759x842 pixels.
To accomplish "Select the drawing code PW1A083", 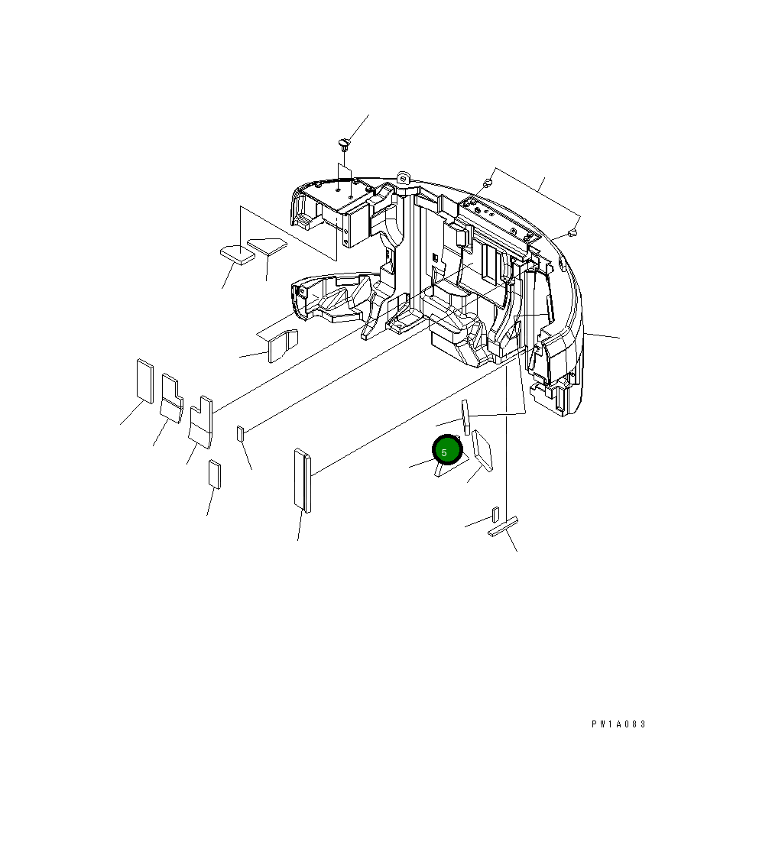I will (618, 724).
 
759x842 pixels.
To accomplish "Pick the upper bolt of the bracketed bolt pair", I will (487, 183).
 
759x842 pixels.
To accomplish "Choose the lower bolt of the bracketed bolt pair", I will (572, 232).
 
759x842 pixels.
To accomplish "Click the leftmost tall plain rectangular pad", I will (144, 380).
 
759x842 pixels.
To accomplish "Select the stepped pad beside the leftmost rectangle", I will (171, 397).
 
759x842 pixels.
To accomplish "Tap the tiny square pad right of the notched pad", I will (241, 434).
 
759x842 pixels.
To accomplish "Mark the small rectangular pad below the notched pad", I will (215, 474).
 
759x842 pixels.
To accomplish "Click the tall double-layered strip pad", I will (303, 481).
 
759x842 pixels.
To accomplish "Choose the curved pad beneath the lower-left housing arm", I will (281, 345).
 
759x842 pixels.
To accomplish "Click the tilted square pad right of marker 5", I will (482, 451).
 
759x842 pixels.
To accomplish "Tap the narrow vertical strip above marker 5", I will (465, 417).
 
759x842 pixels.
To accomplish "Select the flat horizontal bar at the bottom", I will (503, 527).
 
